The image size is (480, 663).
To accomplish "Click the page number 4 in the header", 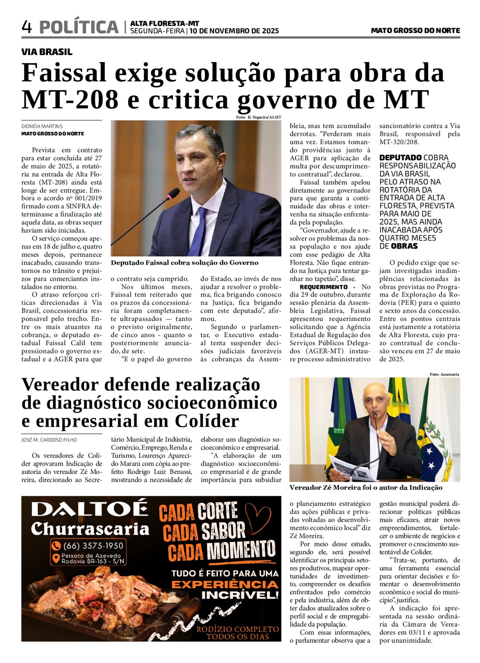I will click(27, 27).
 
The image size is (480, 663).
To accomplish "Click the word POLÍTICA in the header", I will click(79, 27).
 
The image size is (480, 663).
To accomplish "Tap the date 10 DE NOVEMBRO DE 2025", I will click(234, 31).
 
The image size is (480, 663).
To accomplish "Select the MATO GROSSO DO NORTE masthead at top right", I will click(415, 31).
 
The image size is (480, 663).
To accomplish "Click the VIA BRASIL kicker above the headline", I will click(47, 52).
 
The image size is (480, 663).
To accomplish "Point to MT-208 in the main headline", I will click(70, 100).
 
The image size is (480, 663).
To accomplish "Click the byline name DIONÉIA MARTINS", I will click(42, 126).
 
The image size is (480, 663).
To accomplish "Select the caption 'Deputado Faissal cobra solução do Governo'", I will click(185, 263).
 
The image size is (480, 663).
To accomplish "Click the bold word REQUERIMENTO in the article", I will click(324, 287).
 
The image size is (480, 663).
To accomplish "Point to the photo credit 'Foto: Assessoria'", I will click(444, 374).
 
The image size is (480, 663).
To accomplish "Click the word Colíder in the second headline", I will click(207, 421).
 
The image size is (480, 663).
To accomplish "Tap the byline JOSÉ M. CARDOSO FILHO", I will click(49, 440).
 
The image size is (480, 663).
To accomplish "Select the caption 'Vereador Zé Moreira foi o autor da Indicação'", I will click(366, 488).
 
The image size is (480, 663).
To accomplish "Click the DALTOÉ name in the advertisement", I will click(89, 509).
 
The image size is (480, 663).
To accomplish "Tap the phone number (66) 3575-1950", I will click(93, 546).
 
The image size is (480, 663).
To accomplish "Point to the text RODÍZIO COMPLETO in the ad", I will click(238, 629).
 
